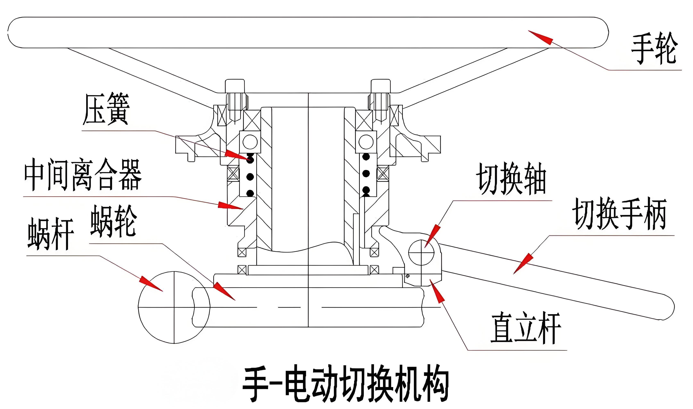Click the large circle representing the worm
[174, 307]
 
